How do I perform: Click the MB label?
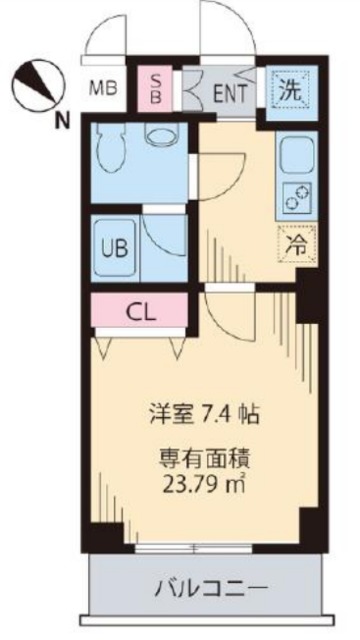[104, 87]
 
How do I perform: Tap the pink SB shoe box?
[156, 88]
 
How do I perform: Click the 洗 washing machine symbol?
[289, 89]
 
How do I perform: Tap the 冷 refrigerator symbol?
[297, 243]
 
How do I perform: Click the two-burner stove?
[297, 198]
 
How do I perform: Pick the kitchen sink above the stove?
[297, 153]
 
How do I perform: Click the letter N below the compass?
[62, 121]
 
